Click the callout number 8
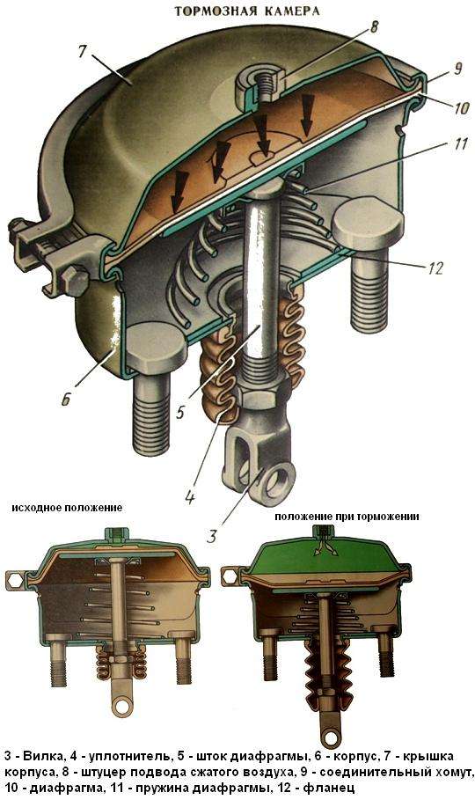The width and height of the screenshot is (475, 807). tap(375, 26)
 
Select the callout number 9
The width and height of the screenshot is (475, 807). tap(458, 69)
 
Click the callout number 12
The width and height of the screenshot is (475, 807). tap(435, 268)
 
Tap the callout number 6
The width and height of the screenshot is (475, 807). tap(66, 399)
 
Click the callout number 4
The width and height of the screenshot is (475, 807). tap(190, 497)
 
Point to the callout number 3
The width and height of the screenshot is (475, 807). tap(212, 535)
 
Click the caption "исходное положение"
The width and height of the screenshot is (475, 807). tap(68, 508)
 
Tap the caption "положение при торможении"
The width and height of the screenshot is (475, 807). tap(347, 517)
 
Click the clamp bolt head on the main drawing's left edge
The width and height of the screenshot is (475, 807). tap(74, 280)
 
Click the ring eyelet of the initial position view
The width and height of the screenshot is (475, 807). tap(122, 705)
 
